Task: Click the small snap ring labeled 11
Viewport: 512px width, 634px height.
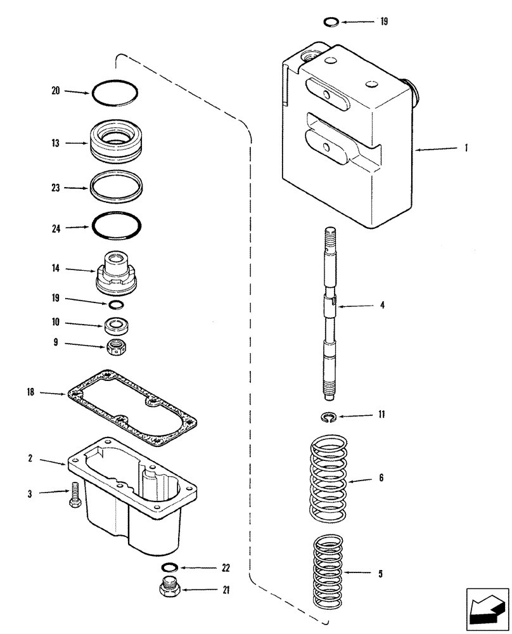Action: (326, 417)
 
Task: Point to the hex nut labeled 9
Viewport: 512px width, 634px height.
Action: (115, 346)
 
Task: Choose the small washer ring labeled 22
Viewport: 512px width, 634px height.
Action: (170, 567)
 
